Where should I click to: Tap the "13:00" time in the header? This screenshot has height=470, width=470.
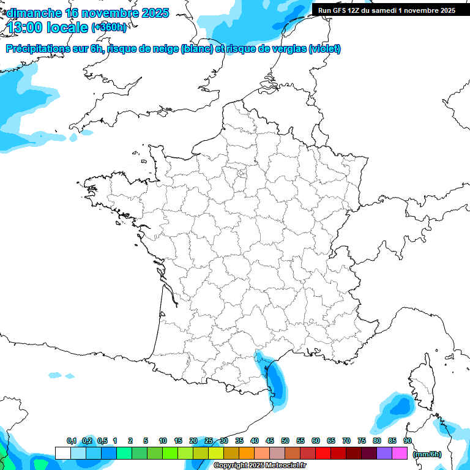click(x=24, y=28)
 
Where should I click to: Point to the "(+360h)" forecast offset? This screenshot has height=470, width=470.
click(x=109, y=28)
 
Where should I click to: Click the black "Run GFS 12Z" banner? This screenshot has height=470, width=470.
click(x=386, y=10)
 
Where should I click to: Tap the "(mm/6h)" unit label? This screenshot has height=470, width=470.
click(x=427, y=453)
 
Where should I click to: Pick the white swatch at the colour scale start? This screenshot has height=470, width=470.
click(x=62, y=453)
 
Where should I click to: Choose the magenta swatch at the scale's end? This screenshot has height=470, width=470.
click(x=400, y=453)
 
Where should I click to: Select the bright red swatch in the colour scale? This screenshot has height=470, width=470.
click(x=323, y=453)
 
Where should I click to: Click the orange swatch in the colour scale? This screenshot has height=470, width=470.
click(x=247, y=453)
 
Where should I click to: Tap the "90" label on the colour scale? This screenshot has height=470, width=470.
click(x=408, y=441)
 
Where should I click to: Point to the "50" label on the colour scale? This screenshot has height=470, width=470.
click(x=285, y=441)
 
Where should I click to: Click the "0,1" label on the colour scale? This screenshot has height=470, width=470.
click(x=72, y=441)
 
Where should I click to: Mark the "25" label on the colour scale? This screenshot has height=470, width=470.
click(x=209, y=441)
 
